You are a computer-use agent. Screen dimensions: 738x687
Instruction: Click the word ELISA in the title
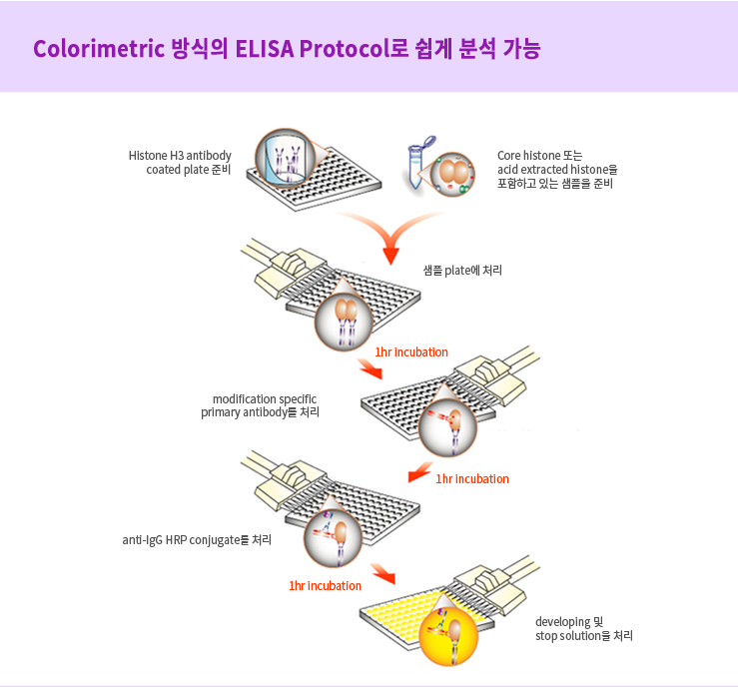[x=264, y=49]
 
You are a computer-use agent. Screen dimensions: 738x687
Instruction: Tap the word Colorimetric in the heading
[x=99, y=49]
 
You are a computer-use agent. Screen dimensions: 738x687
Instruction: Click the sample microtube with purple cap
[x=418, y=163]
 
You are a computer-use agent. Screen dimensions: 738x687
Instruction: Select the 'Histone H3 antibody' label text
[x=180, y=156]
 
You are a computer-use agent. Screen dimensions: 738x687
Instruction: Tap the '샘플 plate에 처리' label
[x=462, y=270]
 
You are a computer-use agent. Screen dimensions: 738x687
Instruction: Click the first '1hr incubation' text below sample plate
[x=411, y=351]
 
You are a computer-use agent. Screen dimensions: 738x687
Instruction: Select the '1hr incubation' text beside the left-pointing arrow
[x=472, y=479]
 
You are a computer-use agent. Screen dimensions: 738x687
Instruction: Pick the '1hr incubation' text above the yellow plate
[x=325, y=586]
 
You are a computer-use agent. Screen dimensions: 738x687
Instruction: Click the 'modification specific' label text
[x=265, y=399]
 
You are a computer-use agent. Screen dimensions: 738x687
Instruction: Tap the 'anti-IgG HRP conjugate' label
[x=181, y=540]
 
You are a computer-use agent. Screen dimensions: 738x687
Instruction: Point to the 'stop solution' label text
[x=568, y=636]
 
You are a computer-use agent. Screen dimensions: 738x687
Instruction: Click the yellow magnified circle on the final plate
[x=448, y=636]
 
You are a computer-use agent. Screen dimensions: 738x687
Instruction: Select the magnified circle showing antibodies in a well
[x=286, y=158]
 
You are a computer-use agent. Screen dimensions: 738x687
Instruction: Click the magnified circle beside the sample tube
[x=452, y=174]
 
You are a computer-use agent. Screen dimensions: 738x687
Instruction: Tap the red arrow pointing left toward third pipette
[x=420, y=472]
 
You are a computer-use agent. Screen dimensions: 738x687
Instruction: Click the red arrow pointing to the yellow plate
[x=382, y=573]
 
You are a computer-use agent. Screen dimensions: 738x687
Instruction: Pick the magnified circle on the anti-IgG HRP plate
[x=333, y=538]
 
